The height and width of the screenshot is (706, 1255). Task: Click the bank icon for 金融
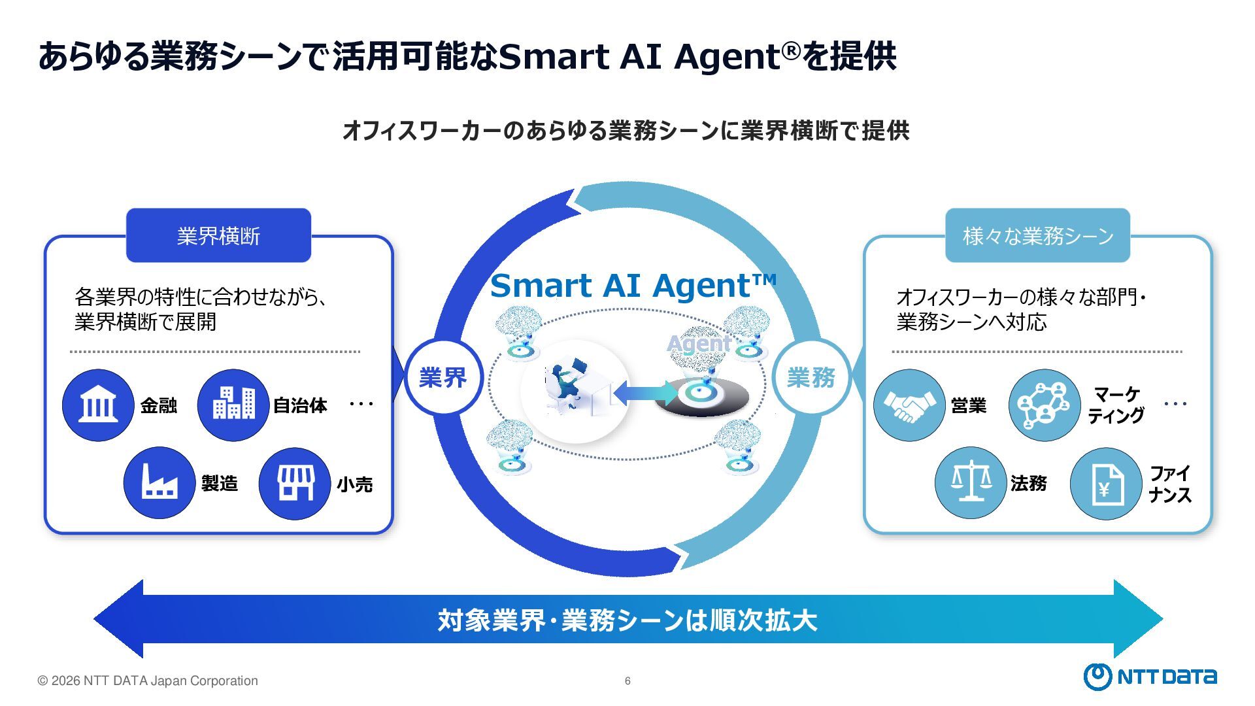click(98, 405)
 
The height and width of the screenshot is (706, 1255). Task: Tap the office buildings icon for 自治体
click(233, 405)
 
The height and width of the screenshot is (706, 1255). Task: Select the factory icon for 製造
click(159, 483)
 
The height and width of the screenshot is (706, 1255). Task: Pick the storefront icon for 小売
click(295, 484)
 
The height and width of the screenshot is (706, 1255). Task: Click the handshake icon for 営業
click(909, 405)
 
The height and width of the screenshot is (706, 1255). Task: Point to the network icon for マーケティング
click(1044, 405)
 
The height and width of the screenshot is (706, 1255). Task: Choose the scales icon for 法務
click(971, 483)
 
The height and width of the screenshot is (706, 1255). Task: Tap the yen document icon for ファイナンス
click(1106, 484)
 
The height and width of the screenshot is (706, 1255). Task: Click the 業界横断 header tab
click(218, 235)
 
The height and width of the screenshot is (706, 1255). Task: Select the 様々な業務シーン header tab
click(1037, 235)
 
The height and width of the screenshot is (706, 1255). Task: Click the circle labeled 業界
click(443, 377)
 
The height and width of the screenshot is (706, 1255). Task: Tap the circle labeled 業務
click(811, 377)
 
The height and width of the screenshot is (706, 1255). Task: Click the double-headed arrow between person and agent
click(645, 392)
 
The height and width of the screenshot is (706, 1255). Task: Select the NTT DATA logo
click(1150, 677)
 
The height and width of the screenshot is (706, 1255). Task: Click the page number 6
click(627, 681)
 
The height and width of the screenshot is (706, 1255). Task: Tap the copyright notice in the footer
click(148, 681)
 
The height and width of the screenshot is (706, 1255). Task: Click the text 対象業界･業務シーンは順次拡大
click(627, 620)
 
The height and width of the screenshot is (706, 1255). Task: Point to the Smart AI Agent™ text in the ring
click(633, 286)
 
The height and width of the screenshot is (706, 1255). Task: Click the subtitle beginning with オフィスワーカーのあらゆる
click(626, 130)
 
